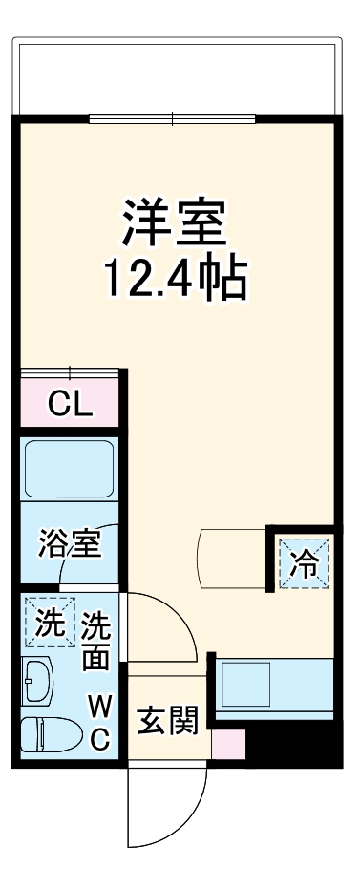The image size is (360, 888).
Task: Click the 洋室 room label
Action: click(x=173, y=222)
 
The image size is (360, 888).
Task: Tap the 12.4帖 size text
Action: click(x=176, y=278)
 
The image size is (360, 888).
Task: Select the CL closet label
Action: click(x=71, y=406)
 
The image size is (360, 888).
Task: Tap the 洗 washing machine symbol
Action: click(x=50, y=623)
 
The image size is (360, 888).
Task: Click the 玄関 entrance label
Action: click(x=167, y=721)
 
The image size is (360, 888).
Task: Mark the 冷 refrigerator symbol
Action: click(x=305, y=564)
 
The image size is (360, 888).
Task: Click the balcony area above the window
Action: click(x=176, y=76)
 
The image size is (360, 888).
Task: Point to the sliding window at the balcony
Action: click(x=173, y=119)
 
